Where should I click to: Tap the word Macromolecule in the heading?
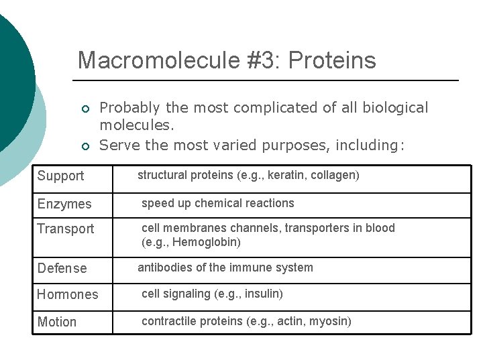[x=158, y=60]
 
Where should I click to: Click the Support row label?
[x=60, y=176]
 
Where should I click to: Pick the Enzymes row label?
[x=64, y=204]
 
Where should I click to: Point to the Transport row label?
[x=66, y=229]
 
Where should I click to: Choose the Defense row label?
[x=62, y=269]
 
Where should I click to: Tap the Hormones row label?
[x=67, y=295]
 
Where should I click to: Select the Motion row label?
[x=57, y=322]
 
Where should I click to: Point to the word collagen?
[x=334, y=176]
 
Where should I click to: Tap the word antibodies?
[x=163, y=267]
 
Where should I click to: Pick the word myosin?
[x=328, y=321]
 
